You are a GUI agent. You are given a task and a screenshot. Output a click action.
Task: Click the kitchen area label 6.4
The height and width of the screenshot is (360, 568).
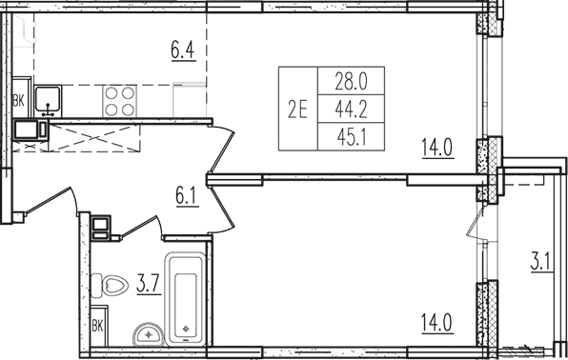tap(183, 50)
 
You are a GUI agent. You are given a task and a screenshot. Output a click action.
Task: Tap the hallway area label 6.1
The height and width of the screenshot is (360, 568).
tap(187, 197)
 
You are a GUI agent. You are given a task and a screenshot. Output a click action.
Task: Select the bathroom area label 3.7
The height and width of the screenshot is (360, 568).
tap(149, 285)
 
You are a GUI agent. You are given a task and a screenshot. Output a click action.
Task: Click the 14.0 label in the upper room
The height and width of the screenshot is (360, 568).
tap(437, 148)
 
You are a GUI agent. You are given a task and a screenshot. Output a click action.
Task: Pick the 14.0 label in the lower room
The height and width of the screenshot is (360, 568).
tap(437, 324)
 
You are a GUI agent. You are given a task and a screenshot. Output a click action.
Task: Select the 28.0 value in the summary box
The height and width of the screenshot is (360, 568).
tap(351, 81)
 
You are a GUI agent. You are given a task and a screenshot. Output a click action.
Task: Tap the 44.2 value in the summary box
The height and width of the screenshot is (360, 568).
tap(351, 109)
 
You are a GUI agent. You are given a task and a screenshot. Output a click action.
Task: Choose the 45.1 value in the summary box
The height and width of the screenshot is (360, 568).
tap(352, 137)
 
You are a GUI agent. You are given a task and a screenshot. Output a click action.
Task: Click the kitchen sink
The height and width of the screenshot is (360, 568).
tap(49, 101)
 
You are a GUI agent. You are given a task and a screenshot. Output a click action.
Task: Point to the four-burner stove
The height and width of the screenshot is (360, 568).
tap(119, 101)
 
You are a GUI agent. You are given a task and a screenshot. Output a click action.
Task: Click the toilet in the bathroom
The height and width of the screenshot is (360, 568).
tap(110, 286)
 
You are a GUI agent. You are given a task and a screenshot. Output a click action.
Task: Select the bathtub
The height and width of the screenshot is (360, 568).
tap(186, 299)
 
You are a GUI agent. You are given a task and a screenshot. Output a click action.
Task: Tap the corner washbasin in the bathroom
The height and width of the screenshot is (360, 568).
tap(149, 334)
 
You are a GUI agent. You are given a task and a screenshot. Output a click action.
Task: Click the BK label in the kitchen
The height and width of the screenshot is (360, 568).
tap(19, 101)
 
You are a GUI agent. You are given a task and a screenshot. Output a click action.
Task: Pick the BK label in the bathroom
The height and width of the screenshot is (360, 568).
tap(97, 326)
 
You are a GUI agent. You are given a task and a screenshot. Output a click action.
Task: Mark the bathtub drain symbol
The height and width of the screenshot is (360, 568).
tap(186, 329)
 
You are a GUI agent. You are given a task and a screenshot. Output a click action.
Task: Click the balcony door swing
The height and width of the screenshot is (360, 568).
tap(476, 222)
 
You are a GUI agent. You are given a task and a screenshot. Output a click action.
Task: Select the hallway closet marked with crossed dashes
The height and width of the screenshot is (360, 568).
tap(94, 138)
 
